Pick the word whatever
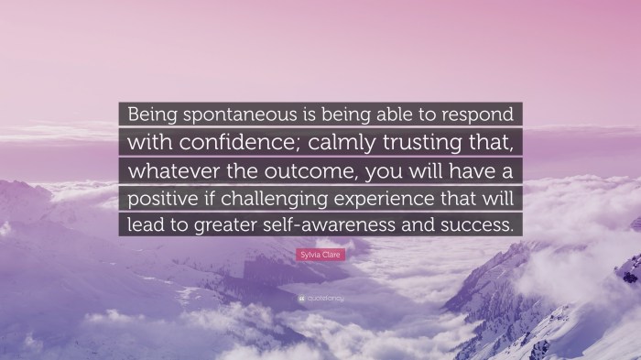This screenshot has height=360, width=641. point(168,170)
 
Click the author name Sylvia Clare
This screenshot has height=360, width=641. point(320,253)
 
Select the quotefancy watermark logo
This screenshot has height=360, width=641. point(320,299)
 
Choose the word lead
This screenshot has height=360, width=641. point(143,225)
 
